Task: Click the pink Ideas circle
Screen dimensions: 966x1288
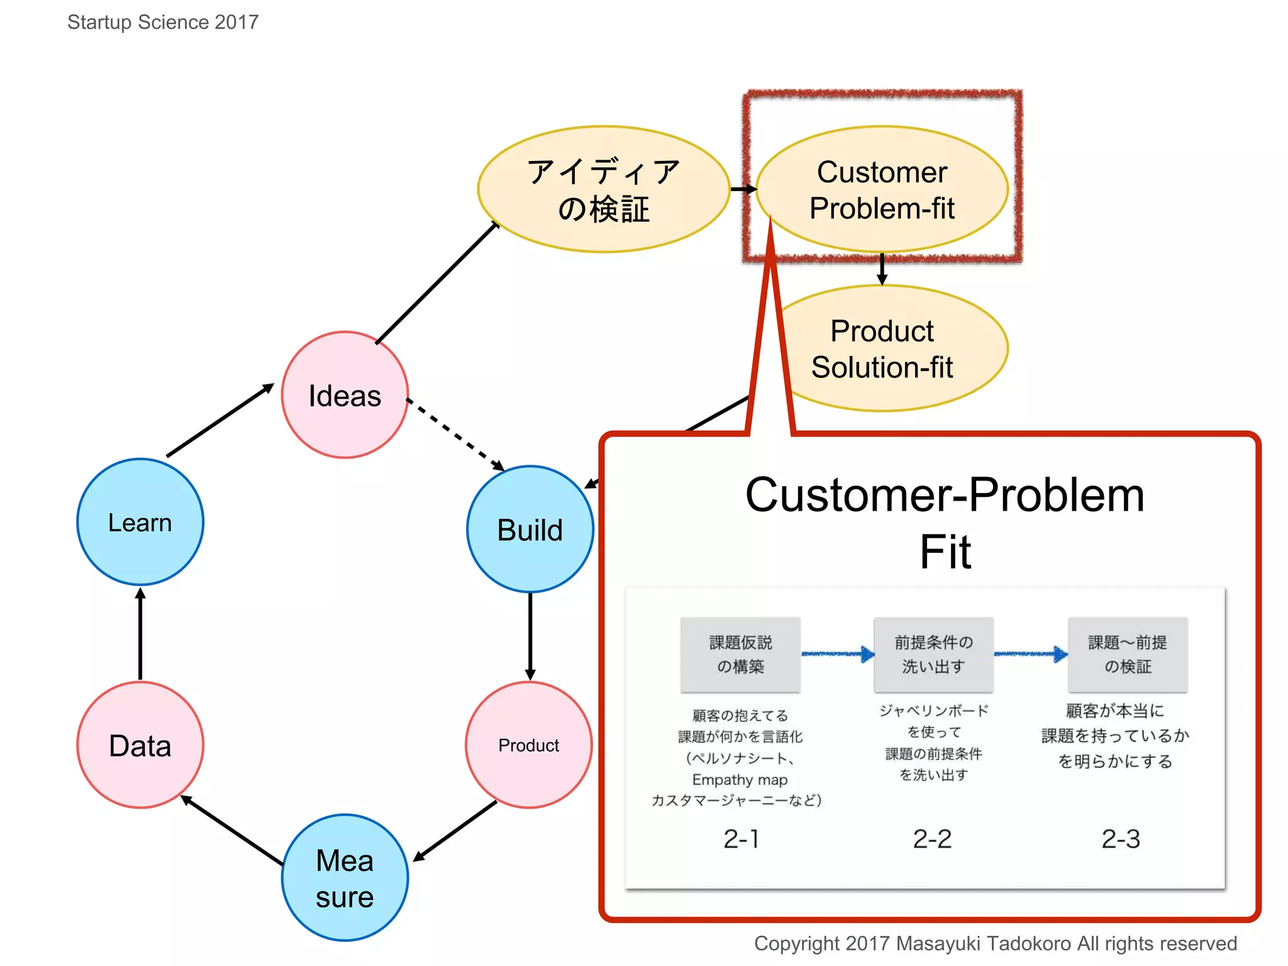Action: pyautogui.click(x=345, y=395)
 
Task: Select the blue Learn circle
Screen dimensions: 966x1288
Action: pyautogui.click(x=140, y=522)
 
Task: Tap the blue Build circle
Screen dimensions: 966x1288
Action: pyautogui.click(x=530, y=530)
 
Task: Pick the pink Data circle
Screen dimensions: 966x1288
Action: pyautogui.click(x=140, y=745)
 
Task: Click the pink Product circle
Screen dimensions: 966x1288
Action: pyautogui.click(x=529, y=745)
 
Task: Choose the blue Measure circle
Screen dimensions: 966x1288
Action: pyautogui.click(x=345, y=878)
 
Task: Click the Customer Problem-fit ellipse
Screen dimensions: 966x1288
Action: pyautogui.click(x=882, y=189)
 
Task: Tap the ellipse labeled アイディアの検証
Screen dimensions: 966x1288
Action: pyautogui.click(x=604, y=189)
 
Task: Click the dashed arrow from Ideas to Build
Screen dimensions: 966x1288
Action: pyautogui.click(x=455, y=434)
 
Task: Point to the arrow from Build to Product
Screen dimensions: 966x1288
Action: pyautogui.click(x=530, y=635)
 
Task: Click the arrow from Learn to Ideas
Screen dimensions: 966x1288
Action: pyautogui.click(x=220, y=420)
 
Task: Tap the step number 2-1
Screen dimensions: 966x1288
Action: pyautogui.click(x=741, y=839)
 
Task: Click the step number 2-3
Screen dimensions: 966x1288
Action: pyautogui.click(x=1121, y=839)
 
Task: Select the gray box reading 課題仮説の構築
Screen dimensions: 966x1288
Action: pyautogui.click(x=740, y=654)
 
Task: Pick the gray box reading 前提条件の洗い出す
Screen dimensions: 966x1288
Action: pyautogui.click(x=933, y=654)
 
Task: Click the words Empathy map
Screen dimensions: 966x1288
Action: pyautogui.click(x=740, y=780)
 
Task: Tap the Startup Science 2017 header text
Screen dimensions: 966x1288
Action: pyautogui.click(x=163, y=23)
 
